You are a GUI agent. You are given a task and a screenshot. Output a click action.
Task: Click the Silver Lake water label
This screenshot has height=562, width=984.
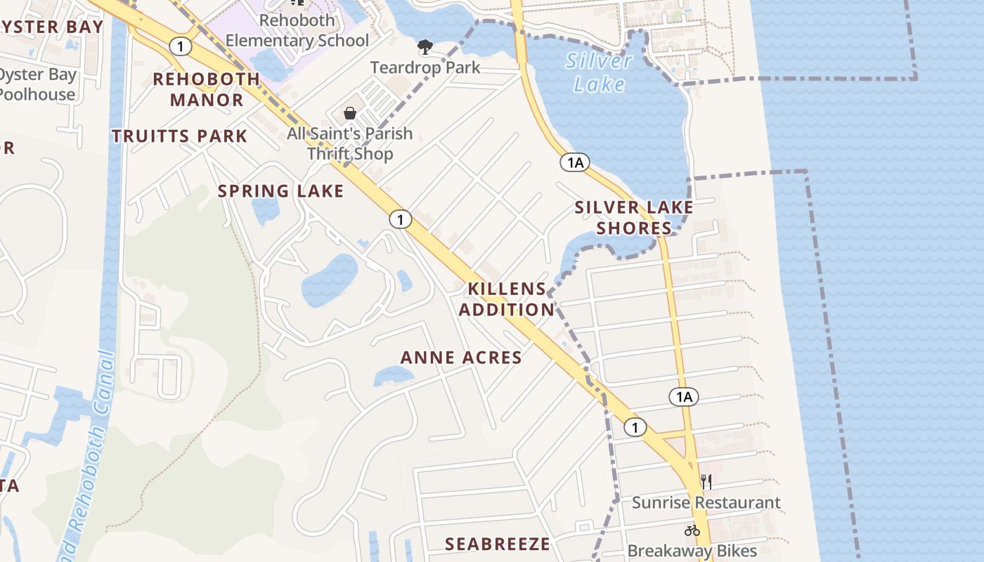click(x=599, y=72)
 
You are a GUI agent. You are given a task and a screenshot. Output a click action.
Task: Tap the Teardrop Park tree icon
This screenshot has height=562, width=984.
click(x=425, y=48)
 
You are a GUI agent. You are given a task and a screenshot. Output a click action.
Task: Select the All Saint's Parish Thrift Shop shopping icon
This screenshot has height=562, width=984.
click(x=350, y=113)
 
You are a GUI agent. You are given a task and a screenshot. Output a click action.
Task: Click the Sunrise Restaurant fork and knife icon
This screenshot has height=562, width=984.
click(x=706, y=482)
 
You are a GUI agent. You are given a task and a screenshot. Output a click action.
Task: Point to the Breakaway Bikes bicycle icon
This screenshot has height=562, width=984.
click(x=692, y=530)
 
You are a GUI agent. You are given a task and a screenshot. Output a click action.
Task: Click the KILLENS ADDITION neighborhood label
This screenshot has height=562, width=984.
click(x=507, y=299)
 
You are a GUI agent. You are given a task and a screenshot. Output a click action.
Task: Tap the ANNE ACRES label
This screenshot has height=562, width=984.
click(x=461, y=358)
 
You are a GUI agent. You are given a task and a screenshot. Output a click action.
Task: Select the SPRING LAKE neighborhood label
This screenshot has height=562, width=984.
click(x=280, y=191)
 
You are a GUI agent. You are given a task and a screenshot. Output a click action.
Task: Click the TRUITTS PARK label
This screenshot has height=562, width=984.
click(x=180, y=136)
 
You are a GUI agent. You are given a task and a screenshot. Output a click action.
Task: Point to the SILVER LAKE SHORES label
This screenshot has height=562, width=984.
click(x=634, y=218)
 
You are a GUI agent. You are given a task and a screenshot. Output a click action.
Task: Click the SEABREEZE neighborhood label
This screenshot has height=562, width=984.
click(x=498, y=544)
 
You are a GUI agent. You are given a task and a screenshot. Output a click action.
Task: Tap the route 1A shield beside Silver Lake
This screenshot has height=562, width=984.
click(x=574, y=163)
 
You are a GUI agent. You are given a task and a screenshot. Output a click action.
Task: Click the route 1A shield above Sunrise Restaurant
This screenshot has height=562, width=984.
click(x=684, y=397)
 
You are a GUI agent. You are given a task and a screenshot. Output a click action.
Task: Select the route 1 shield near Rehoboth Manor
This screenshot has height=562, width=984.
click(x=181, y=46)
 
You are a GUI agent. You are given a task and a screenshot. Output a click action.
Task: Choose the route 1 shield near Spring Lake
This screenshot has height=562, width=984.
click(x=400, y=220)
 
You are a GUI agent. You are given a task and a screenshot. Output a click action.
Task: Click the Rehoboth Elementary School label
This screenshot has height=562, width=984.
click(x=297, y=30)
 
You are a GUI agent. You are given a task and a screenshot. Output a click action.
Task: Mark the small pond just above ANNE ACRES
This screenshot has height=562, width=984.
click(x=393, y=376)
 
